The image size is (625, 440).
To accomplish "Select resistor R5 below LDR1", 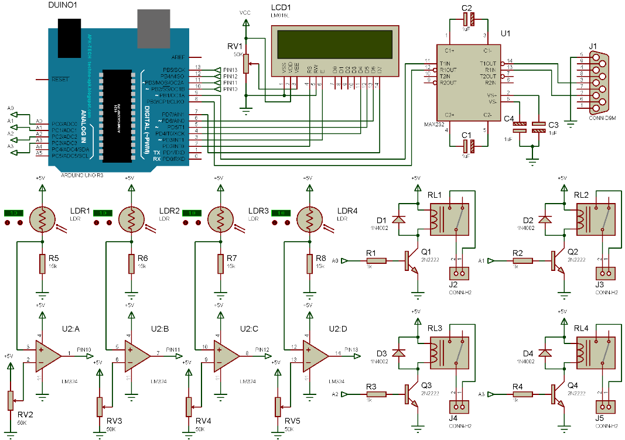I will [x=42, y=264].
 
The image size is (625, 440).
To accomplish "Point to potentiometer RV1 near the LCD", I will [x=247, y=63].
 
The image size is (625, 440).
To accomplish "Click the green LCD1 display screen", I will [x=334, y=43].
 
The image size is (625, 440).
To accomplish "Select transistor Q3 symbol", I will [x=410, y=394].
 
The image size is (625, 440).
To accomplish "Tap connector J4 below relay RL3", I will [x=459, y=405].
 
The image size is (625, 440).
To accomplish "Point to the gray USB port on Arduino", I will [x=153, y=27].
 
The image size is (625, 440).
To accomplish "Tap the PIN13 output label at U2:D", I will [x=351, y=350].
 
